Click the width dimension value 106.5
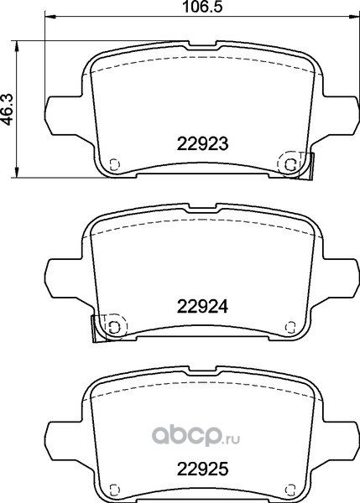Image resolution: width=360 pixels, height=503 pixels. click(x=202, y=7)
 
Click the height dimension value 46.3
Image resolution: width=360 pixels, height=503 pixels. click(x=7, y=109)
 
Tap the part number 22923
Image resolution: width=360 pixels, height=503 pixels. click(x=202, y=143)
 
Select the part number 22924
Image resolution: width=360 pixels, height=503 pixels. click(x=202, y=307)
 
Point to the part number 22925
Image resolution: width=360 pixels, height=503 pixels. click(x=202, y=469)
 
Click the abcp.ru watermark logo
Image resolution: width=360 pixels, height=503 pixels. click(x=196, y=436)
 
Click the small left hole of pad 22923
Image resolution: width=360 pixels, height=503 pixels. click(x=115, y=164)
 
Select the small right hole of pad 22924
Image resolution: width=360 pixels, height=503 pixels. click(x=290, y=327)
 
